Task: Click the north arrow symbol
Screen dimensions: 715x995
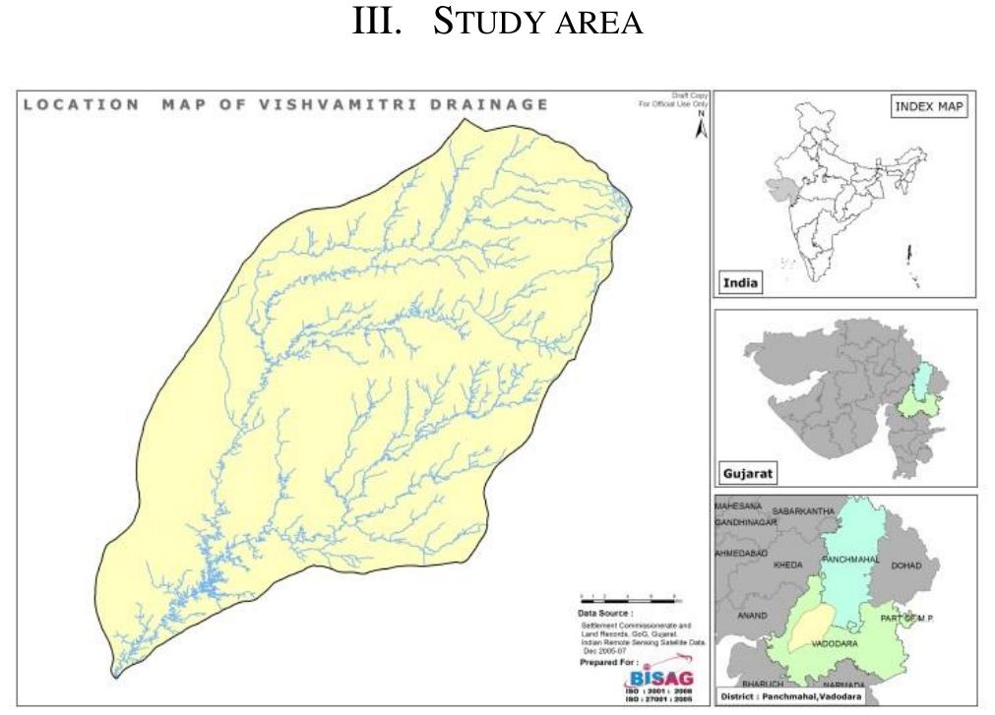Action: point(701,129)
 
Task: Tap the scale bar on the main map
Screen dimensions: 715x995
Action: point(630,597)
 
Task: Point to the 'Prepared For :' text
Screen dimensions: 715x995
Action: point(605,662)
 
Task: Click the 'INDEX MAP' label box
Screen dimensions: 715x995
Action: point(928,108)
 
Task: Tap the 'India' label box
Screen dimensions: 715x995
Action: point(741,283)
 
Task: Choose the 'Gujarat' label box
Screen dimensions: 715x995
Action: point(749,473)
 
